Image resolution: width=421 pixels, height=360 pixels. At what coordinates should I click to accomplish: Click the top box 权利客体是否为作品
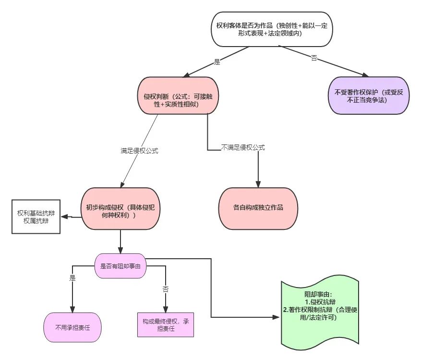point(271,29)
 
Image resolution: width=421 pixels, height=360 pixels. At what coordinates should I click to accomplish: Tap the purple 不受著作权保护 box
point(369,96)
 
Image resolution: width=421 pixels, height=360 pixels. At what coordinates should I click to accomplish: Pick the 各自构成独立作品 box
point(258,208)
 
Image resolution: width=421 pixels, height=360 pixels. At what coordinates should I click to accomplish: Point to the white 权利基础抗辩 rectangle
point(36,216)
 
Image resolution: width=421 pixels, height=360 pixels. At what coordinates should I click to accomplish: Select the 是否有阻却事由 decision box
point(120,265)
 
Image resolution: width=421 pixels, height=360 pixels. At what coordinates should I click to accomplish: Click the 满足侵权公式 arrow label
point(139,151)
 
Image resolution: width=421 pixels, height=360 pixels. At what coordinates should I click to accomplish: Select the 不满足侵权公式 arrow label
point(243,147)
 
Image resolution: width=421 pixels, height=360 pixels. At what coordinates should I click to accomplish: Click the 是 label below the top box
point(217,62)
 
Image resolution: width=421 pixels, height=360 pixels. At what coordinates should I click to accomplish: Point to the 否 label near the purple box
point(314,58)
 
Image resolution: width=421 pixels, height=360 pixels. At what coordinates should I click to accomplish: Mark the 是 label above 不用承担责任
point(73,278)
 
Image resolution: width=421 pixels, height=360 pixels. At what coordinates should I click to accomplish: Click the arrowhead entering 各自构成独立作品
point(258,185)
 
